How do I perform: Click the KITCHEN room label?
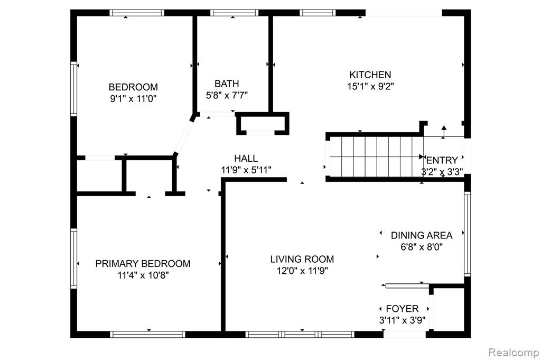pyautogui.click(x=370, y=75)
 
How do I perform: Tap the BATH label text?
pyautogui.click(x=227, y=84)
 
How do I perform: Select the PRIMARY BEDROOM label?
pyautogui.click(x=143, y=264)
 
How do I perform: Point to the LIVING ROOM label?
pyautogui.click(x=302, y=259)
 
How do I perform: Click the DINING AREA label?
pyautogui.click(x=422, y=235)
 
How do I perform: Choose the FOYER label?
pyautogui.click(x=402, y=309)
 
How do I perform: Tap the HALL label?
pyautogui.click(x=246, y=159)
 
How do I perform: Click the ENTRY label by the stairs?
pyautogui.click(x=442, y=160)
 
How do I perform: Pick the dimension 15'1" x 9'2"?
pyautogui.click(x=370, y=86)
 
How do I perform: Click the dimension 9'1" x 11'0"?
pyautogui.click(x=133, y=99)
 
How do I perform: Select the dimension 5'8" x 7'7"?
pyautogui.click(x=227, y=95)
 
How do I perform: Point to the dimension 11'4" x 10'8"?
pyautogui.click(x=143, y=275)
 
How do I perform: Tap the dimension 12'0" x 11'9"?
pyautogui.click(x=302, y=271)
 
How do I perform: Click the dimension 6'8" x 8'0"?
pyautogui.click(x=422, y=247)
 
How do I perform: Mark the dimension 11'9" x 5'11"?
pyautogui.click(x=246, y=170)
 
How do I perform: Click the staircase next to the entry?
pyautogui.click(x=376, y=156)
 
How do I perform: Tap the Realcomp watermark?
pyautogui.click(x=514, y=353)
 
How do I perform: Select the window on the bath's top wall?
pyautogui.click(x=234, y=13)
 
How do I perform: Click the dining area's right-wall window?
pyautogui.click(x=467, y=234)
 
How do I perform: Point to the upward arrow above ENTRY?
pyautogui.click(x=444, y=132)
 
